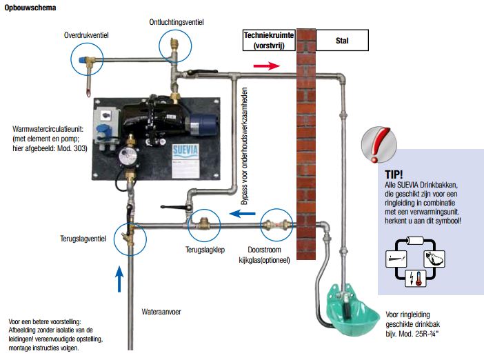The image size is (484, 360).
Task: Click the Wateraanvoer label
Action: point(161,311)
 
